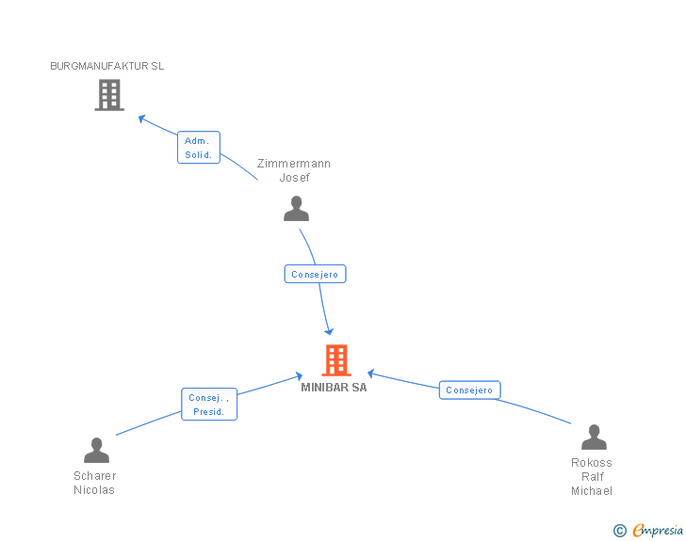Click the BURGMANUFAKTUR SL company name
pyautogui.click(x=107, y=66)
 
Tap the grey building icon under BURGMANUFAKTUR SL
pyautogui.click(x=109, y=95)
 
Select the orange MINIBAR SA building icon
pyautogui.click(x=336, y=360)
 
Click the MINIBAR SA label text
pyautogui.click(x=334, y=388)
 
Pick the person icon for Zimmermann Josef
pyautogui.click(x=296, y=209)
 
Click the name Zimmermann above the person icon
pyautogui.click(x=294, y=164)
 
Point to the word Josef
pyautogui.click(x=294, y=178)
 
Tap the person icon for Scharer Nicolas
pyautogui.click(x=96, y=450)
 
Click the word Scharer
pyautogui.click(x=95, y=476)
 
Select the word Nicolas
pyautogui.click(x=94, y=490)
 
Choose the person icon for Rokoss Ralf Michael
pyautogui.click(x=594, y=437)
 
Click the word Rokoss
pyautogui.click(x=592, y=463)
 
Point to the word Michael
pyautogui.click(x=592, y=491)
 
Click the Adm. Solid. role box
pyautogui.click(x=199, y=148)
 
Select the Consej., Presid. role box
pyautogui.click(x=209, y=405)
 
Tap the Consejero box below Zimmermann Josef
pyautogui.click(x=315, y=274)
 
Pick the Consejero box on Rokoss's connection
pyautogui.click(x=470, y=390)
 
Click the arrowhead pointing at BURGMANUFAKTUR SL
pyautogui.click(x=141, y=118)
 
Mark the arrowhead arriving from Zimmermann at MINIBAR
pyautogui.click(x=329, y=332)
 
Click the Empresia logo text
pyautogui.click(x=658, y=530)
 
